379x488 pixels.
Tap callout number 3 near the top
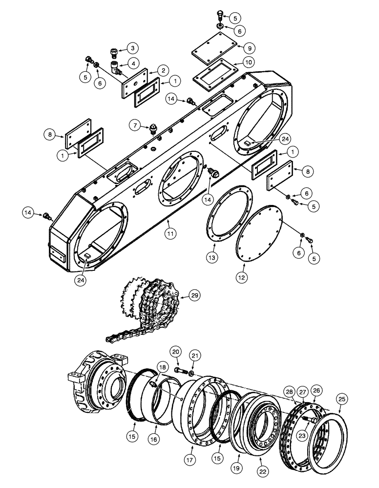pyautogui.click(x=132, y=48)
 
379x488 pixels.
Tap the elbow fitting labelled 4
pyautogui.click(x=116, y=68)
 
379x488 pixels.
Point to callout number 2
pyautogui.click(x=162, y=71)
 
